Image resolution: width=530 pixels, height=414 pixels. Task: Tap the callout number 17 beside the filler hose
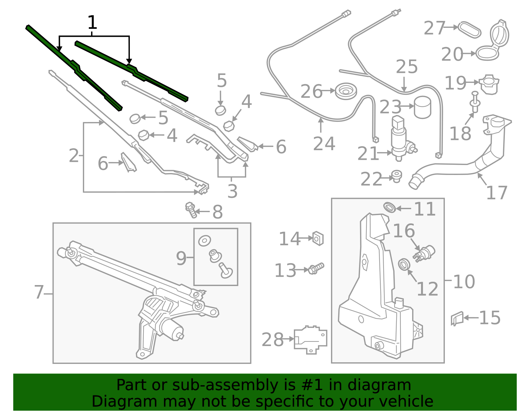pyautogui.click(x=497, y=193)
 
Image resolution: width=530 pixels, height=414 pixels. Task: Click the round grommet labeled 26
pyautogui.click(x=346, y=91)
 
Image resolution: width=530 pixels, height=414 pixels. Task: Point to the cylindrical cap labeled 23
pyautogui.click(x=422, y=107)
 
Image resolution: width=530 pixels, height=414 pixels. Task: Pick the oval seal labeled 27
pyautogui.click(x=469, y=30)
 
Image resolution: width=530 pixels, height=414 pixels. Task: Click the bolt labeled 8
pyautogui.click(x=191, y=210)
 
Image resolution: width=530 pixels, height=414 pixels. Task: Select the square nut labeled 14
pyautogui.click(x=318, y=238)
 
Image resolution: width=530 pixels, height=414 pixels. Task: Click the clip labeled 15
pyautogui.click(x=457, y=318)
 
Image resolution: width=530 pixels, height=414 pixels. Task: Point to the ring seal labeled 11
pyautogui.click(x=390, y=207)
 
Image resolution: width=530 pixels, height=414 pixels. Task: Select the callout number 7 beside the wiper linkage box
pyautogui.click(x=39, y=292)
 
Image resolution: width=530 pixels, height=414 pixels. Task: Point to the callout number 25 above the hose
pyautogui.click(x=406, y=67)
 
